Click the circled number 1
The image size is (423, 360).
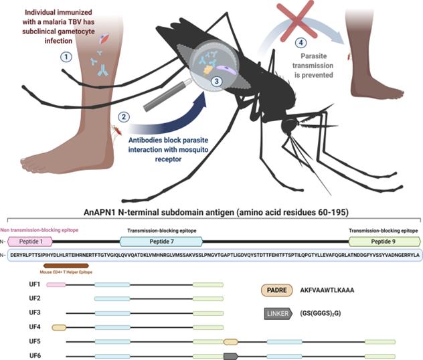[x=66, y=58]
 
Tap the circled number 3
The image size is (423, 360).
[x=216, y=81]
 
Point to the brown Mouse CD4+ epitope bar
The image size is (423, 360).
[x=65, y=266]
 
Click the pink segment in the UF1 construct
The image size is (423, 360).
[x=57, y=284]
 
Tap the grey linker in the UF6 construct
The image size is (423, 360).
[x=230, y=355]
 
